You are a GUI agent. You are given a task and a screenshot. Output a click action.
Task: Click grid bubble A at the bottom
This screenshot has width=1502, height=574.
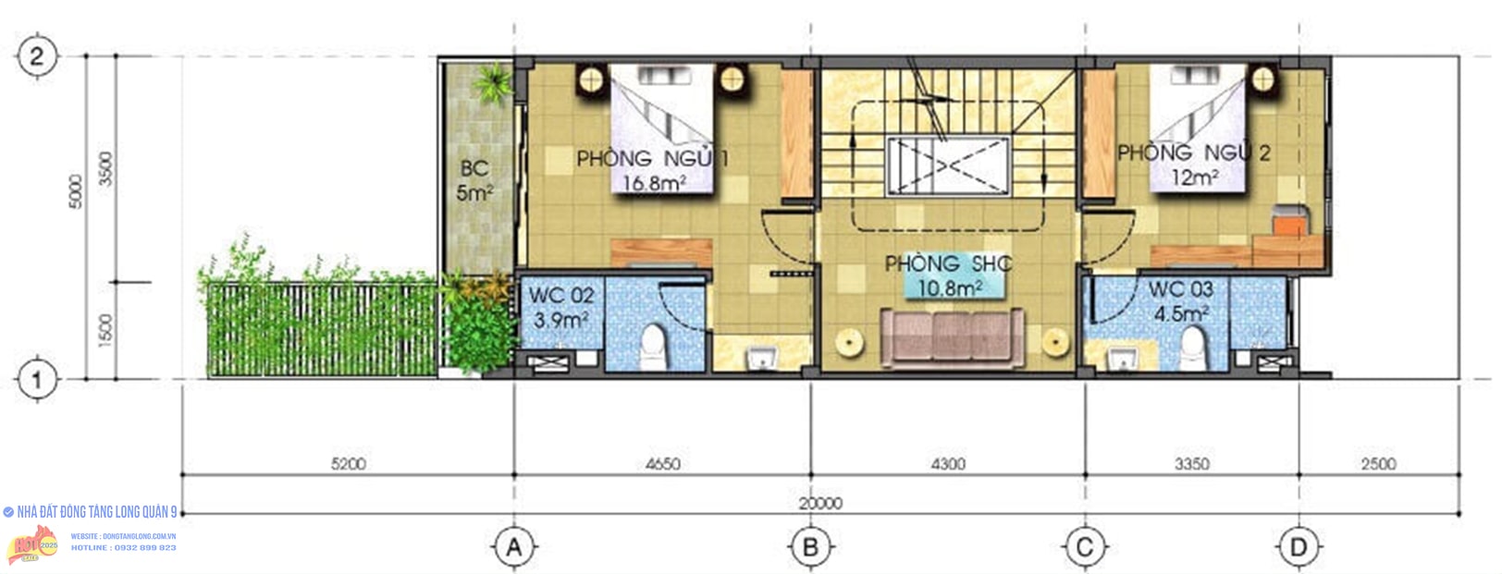click(514, 547)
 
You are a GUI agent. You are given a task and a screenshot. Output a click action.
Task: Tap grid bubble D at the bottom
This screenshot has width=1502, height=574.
click(1299, 547)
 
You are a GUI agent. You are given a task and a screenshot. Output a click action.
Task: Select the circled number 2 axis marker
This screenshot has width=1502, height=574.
click(36, 56)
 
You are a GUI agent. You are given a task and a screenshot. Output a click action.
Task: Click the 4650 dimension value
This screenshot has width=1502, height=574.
click(662, 464)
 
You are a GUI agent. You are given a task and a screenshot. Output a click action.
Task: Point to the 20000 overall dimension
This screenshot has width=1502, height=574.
click(820, 504)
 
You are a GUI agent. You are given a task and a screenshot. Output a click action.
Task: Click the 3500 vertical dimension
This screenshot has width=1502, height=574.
click(105, 169)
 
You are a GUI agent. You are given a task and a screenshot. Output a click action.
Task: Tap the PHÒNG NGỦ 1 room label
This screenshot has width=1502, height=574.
click(652, 159)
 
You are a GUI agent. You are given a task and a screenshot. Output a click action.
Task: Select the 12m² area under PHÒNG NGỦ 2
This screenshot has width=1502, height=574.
click(1194, 177)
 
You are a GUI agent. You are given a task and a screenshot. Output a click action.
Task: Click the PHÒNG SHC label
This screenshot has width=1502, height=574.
click(948, 264)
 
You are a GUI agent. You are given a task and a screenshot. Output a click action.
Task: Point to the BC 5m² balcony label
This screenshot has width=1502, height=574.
click(474, 180)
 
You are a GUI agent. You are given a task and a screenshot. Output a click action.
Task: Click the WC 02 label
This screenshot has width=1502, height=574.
click(561, 296)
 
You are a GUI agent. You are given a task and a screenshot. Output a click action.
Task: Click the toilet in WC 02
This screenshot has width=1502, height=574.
click(654, 345)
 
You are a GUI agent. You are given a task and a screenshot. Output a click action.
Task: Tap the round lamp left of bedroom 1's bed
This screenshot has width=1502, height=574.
click(590, 79)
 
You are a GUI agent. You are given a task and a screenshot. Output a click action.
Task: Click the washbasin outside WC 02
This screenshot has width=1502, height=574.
click(762, 357)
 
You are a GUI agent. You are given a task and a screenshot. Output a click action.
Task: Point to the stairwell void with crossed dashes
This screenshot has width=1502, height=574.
click(947, 166)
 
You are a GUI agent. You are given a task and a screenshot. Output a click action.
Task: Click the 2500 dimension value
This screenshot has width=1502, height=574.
click(1378, 464)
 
